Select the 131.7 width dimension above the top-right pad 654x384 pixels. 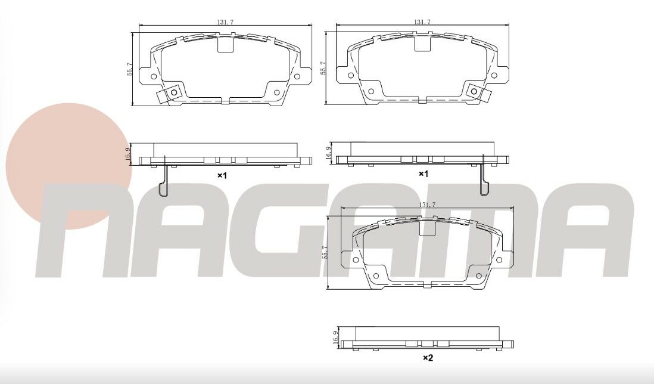pos(422,22)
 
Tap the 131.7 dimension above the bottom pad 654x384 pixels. pos(428,205)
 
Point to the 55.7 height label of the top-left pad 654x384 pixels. pos(130,69)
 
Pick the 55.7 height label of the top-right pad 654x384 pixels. pos(323,69)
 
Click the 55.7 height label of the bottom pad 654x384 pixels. pos(326,253)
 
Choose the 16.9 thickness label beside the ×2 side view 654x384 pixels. pos(335,337)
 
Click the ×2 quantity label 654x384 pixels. pos(428,358)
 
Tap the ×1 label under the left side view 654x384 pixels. pos(222,176)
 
